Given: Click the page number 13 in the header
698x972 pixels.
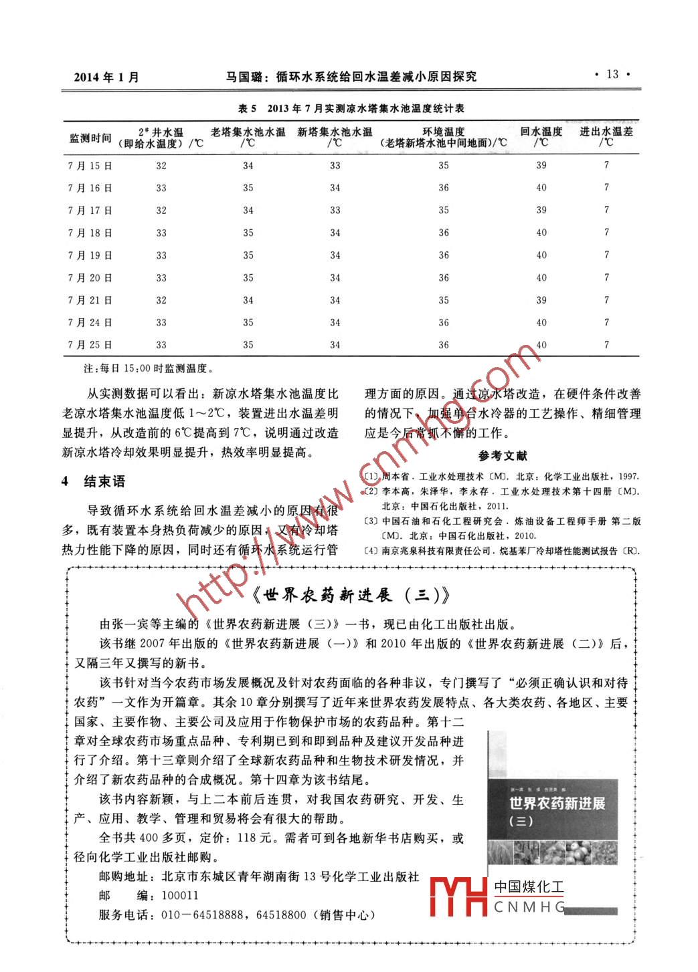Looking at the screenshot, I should click(x=612, y=75).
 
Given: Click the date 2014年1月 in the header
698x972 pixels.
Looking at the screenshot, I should click(x=106, y=77).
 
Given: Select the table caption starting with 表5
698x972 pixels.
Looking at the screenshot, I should click(x=351, y=108).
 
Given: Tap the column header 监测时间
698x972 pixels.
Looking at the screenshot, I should click(x=90, y=138).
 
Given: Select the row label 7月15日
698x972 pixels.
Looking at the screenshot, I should click(x=90, y=166).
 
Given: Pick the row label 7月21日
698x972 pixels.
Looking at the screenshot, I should click(x=90, y=300).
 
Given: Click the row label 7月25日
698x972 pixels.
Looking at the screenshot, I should click(x=90, y=345).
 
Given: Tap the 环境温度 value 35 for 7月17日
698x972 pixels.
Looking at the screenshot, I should click(x=444, y=211).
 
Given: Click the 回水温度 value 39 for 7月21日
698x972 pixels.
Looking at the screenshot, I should click(x=541, y=300).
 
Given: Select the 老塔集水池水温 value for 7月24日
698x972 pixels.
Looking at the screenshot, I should click(x=248, y=323).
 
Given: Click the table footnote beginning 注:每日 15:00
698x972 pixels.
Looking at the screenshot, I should click(x=147, y=368).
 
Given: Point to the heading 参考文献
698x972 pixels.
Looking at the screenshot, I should click(x=503, y=456).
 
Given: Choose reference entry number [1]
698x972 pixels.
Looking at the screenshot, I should click(x=502, y=477).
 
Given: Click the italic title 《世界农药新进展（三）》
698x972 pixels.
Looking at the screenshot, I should click(x=351, y=594).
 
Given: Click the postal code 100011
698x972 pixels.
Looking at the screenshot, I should click(x=180, y=895).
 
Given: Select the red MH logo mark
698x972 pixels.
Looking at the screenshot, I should click(x=458, y=896).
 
